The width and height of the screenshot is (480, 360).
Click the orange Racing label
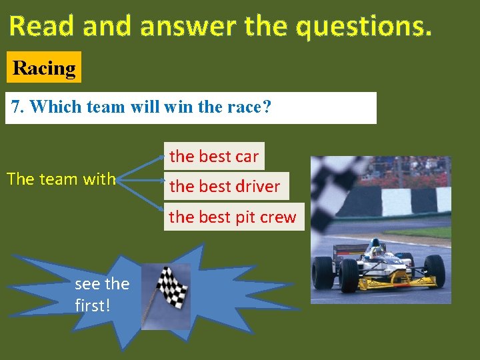click(44, 67)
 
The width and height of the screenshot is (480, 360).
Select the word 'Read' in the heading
click(39, 26)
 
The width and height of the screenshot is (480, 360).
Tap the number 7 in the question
click(17, 107)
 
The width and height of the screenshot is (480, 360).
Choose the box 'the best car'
click(214, 157)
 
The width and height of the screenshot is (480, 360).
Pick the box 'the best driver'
click(225, 187)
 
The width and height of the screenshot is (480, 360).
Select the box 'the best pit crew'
click(233, 217)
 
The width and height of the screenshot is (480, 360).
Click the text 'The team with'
click(61, 179)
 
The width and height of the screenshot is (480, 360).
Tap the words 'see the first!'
click(101, 294)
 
